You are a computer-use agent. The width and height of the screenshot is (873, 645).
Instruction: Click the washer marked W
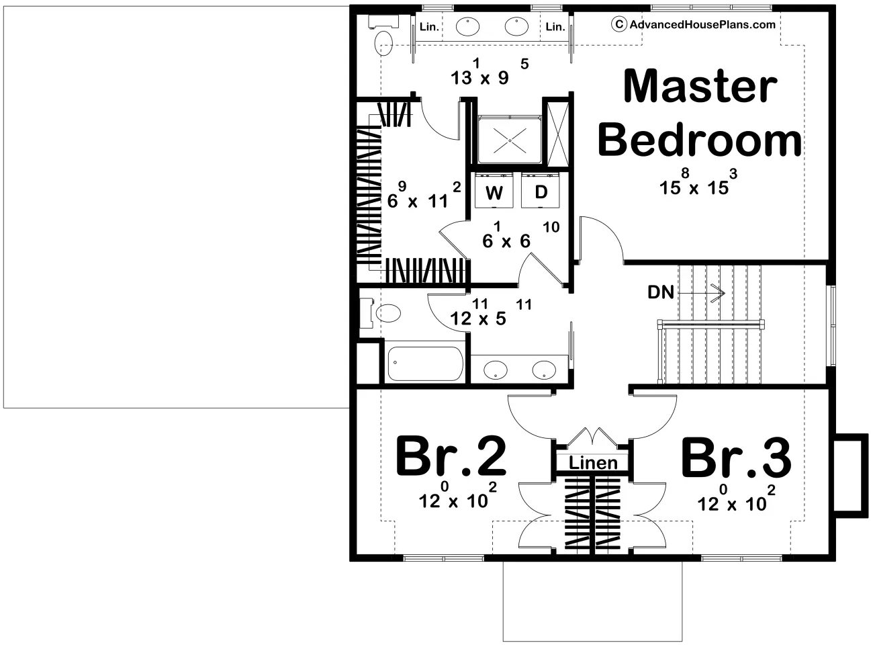(494, 190)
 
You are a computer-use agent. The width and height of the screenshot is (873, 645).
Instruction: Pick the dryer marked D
(541, 190)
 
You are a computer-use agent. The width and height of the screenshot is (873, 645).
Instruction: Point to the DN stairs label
(661, 292)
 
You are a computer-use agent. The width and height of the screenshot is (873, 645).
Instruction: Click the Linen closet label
(593, 463)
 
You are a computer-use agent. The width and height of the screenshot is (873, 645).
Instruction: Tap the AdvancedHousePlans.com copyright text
(694, 24)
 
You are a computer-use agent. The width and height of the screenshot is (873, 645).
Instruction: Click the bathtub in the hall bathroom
(425, 364)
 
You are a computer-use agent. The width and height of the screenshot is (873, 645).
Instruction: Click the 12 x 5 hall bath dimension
(491, 312)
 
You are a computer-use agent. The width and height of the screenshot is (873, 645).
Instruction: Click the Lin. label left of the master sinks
(429, 27)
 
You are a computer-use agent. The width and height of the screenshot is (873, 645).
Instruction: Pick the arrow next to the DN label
(700, 293)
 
